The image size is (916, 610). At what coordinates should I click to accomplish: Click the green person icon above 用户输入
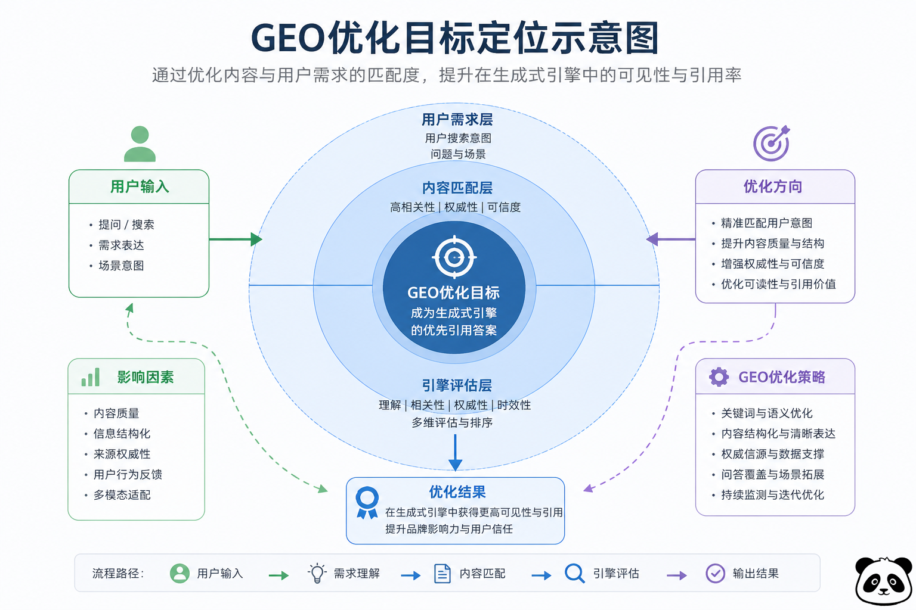(140, 144)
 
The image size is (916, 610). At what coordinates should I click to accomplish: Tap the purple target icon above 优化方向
(771, 144)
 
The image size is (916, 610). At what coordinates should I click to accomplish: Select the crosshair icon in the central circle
(454, 257)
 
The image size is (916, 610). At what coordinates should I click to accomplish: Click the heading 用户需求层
(457, 120)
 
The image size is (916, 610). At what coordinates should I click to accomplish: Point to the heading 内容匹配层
(457, 188)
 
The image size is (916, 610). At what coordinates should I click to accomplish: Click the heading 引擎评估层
(457, 385)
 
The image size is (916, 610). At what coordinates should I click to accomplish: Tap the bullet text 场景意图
(121, 266)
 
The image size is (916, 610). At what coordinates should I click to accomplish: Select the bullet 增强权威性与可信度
(772, 264)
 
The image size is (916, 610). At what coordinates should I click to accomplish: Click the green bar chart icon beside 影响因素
(91, 377)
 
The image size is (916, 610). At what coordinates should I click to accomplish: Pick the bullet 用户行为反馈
(128, 475)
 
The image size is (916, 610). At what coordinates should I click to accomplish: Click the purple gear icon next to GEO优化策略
(719, 377)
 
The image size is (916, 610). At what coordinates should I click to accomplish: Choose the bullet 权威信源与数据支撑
(772, 455)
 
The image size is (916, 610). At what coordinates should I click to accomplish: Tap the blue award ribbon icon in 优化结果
(367, 502)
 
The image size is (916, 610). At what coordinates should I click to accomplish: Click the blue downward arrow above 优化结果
(455, 453)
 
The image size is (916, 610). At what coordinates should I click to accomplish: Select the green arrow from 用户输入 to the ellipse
(235, 239)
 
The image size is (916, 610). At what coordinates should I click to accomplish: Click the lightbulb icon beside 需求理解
(317, 573)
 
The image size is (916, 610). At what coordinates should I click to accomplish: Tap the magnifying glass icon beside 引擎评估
(574, 573)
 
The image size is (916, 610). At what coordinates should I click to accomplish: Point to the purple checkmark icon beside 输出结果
(715, 573)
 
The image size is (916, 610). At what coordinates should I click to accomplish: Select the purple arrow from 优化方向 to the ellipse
(671, 239)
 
